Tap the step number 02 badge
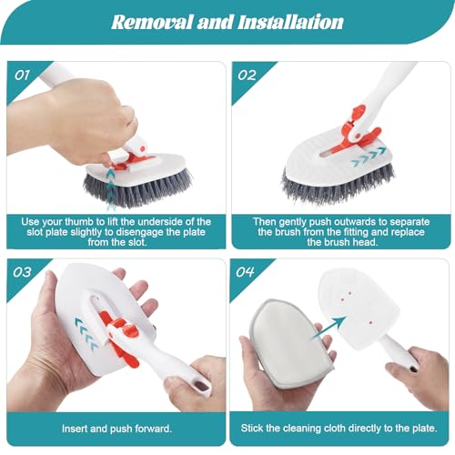point(248,74)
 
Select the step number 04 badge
point(248,271)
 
